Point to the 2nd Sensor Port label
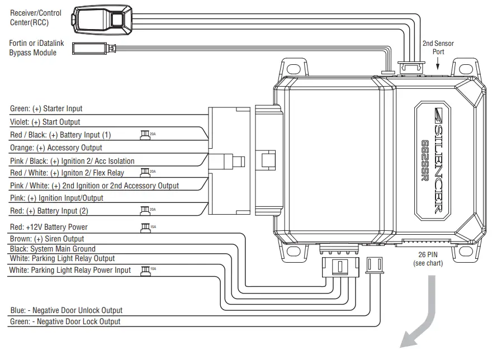click(438, 48)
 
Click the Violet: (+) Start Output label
click(45, 122)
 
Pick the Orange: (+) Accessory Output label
click(56, 148)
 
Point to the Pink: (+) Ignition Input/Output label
click(56, 198)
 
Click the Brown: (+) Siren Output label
click(47, 239)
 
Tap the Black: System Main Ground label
click(53, 249)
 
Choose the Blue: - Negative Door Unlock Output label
click(66, 311)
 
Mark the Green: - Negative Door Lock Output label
click(65, 322)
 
